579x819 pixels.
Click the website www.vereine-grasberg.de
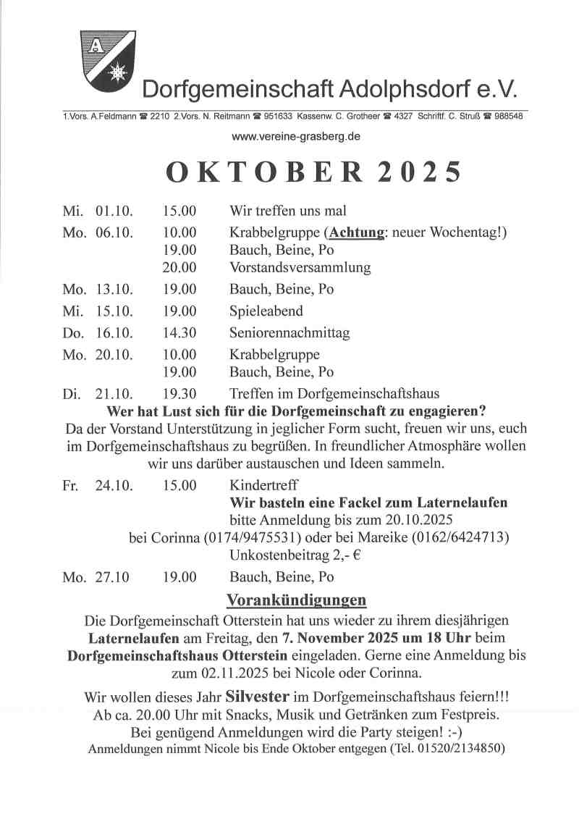point(296,136)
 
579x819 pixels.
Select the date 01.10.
point(114,211)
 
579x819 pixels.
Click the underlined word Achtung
point(355,232)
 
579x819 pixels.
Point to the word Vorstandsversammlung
point(300,268)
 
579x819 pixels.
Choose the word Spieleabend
point(266,311)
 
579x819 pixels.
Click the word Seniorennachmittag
point(289,333)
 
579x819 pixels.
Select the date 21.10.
point(114,394)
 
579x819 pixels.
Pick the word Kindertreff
point(263,485)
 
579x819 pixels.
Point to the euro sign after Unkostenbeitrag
point(357,556)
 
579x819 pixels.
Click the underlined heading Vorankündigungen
point(296,600)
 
